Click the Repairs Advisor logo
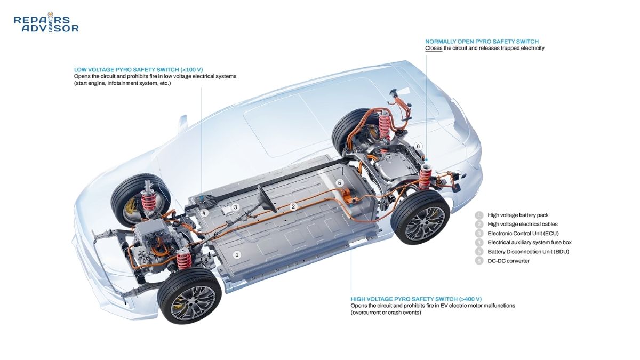46,22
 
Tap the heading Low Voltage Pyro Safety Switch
138,70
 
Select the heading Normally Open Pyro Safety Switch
482,42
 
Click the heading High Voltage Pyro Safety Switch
416,299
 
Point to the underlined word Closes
434,49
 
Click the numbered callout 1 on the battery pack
237,254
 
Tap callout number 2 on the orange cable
293,206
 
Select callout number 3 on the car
235,207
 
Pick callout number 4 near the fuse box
204,213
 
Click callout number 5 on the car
339,183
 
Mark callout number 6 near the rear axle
418,146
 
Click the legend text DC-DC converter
509,261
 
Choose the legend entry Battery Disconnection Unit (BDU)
529,252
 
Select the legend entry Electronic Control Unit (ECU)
523,234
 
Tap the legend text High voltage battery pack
518,215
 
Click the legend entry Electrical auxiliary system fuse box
530,243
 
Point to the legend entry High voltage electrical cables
523,225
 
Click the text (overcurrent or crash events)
386,313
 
